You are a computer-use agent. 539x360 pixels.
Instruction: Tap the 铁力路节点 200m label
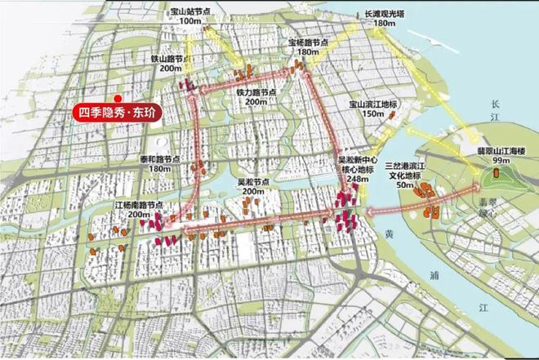[x=256, y=97]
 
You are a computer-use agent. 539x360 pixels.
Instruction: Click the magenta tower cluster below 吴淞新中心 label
[x=345, y=215]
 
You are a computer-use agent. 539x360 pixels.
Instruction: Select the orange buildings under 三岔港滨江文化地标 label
[x=425, y=196]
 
